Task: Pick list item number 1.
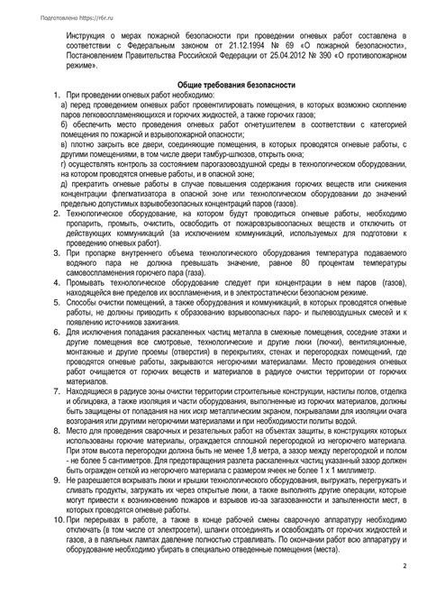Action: [x=56, y=94]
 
